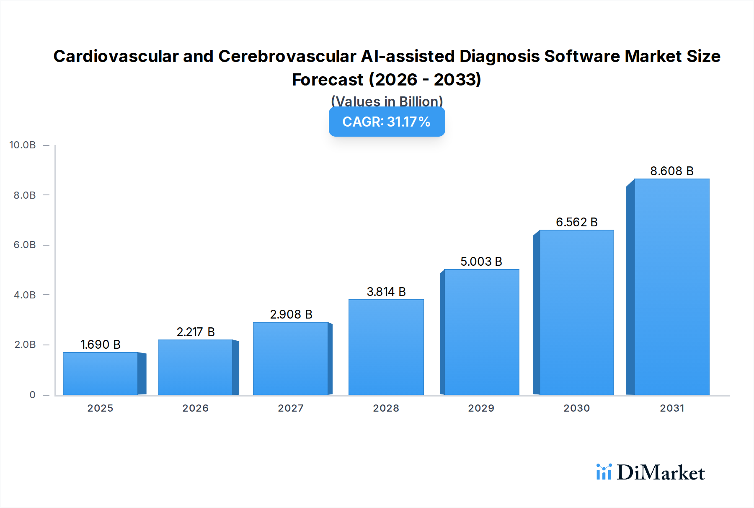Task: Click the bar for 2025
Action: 101,373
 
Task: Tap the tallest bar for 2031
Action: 671,287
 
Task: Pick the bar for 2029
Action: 481,332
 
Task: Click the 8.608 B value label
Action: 671,171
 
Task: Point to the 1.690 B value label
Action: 101,345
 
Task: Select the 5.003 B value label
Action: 481,262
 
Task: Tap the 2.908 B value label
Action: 291,314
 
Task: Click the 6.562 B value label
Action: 576,222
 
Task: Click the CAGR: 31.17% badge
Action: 387,122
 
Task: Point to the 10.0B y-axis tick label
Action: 23,145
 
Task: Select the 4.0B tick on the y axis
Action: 25,295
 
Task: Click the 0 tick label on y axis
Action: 32,395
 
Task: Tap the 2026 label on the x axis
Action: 195,408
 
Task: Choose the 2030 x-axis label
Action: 576,408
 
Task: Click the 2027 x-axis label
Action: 291,408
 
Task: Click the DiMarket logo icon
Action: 604,472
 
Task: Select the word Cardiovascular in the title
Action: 116,56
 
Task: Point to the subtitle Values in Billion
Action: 387,101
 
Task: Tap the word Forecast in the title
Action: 328,80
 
